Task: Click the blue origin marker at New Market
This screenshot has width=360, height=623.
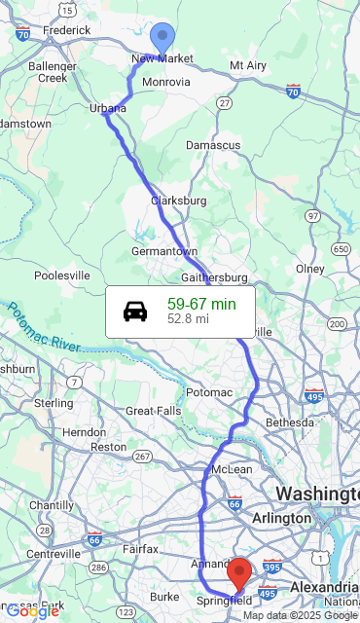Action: point(162,36)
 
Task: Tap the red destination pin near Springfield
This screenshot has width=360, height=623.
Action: point(239,572)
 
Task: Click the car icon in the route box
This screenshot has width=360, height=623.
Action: point(136,311)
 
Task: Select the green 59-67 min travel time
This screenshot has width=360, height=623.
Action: point(201,304)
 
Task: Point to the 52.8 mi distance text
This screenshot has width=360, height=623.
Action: point(188,318)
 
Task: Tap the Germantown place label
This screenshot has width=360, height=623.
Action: point(164,251)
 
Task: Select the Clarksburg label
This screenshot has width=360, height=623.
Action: point(178,201)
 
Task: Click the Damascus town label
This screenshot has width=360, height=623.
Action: point(213,145)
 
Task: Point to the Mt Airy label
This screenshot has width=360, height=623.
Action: point(247,65)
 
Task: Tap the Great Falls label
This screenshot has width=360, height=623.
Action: point(153,411)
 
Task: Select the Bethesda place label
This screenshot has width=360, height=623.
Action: point(290,423)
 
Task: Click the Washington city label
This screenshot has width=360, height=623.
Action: point(316,494)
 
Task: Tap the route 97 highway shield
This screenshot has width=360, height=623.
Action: point(312,215)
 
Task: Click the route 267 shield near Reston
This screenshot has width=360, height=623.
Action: point(142,457)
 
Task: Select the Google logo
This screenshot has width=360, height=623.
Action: point(32,611)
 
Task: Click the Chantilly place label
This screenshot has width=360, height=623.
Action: point(51,505)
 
